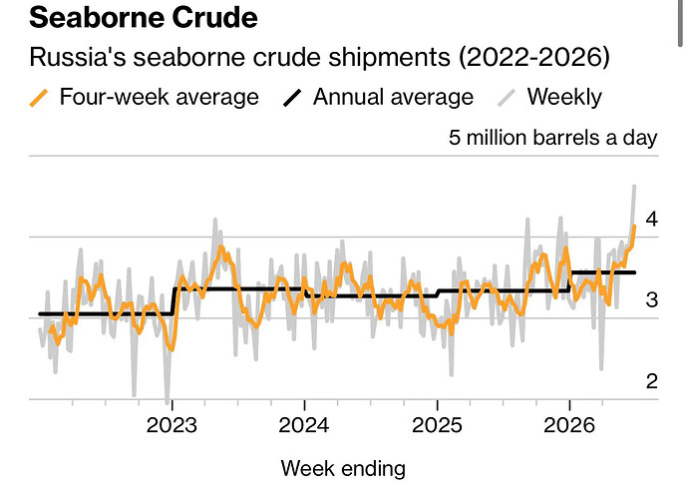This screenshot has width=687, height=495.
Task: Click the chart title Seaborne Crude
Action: click(x=144, y=18)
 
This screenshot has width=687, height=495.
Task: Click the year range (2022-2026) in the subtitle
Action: click(x=534, y=57)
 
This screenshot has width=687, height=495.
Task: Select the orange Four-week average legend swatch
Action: click(x=39, y=98)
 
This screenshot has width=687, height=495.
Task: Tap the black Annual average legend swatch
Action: click(x=292, y=98)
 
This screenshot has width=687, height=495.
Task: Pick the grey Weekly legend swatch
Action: click(x=507, y=98)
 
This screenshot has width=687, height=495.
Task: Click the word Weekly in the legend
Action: click(x=564, y=97)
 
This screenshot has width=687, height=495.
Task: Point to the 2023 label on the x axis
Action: click(x=172, y=425)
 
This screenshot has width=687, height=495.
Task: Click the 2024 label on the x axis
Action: click(x=304, y=425)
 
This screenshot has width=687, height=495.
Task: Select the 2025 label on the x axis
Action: click(x=437, y=425)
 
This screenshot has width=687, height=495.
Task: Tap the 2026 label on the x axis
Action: click(x=569, y=425)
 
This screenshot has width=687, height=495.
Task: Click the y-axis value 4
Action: click(x=652, y=220)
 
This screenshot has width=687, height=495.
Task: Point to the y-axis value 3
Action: click(x=652, y=300)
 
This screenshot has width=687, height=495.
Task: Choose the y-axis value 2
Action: click(x=652, y=381)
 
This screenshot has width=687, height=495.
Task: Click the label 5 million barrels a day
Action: click(x=553, y=138)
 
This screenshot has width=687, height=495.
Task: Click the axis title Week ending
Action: click(x=343, y=469)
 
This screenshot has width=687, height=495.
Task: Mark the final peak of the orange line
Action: click(x=634, y=227)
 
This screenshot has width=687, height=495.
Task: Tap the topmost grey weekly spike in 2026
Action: click(x=634, y=186)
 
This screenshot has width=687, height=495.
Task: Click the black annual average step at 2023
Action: click(x=173, y=300)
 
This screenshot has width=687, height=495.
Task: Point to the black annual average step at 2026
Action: click(x=570, y=281)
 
